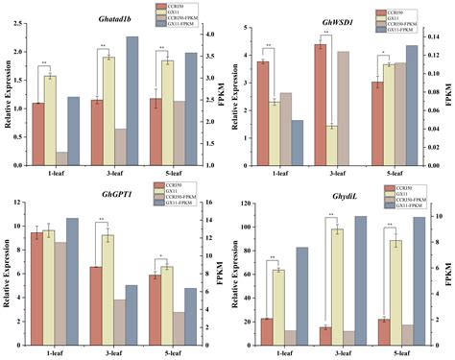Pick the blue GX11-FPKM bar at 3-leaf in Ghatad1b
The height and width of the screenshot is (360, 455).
(x=132, y=96)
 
